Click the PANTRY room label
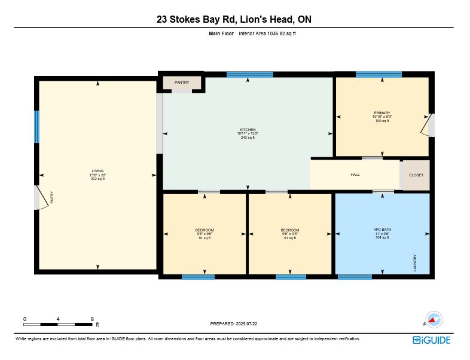click(182, 83)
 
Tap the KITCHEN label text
click(248, 130)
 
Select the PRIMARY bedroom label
click(382, 113)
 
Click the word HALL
click(355, 175)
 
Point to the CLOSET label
click(416, 175)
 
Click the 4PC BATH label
click(382, 230)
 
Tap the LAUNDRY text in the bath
click(415, 263)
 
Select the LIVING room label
click(97, 171)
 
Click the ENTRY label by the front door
click(52, 197)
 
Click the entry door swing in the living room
click(42, 197)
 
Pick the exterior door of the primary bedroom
click(426, 125)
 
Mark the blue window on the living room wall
click(36, 127)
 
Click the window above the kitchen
click(250, 75)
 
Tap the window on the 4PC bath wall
click(355, 277)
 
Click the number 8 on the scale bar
click(92, 319)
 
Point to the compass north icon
click(434, 319)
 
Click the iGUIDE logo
click(432, 340)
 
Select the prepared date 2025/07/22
click(246, 324)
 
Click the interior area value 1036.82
click(276, 33)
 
